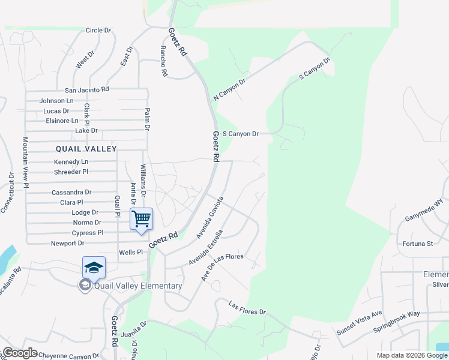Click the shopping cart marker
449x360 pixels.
coord(142,219)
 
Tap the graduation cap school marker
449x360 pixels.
coord(94,268)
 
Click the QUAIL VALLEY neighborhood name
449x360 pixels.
coord(86,148)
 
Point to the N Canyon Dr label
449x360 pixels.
coord(230,90)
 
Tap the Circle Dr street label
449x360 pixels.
coord(98,30)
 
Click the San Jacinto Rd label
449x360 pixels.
coord(91,89)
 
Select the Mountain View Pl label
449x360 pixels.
coord(26,163)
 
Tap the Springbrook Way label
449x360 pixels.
coord(397,322)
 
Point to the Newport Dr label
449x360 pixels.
coord(67,244)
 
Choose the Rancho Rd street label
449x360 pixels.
coord(163,61)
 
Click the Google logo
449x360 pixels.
coord(20,353)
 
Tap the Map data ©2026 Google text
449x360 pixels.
coord(411,355)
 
